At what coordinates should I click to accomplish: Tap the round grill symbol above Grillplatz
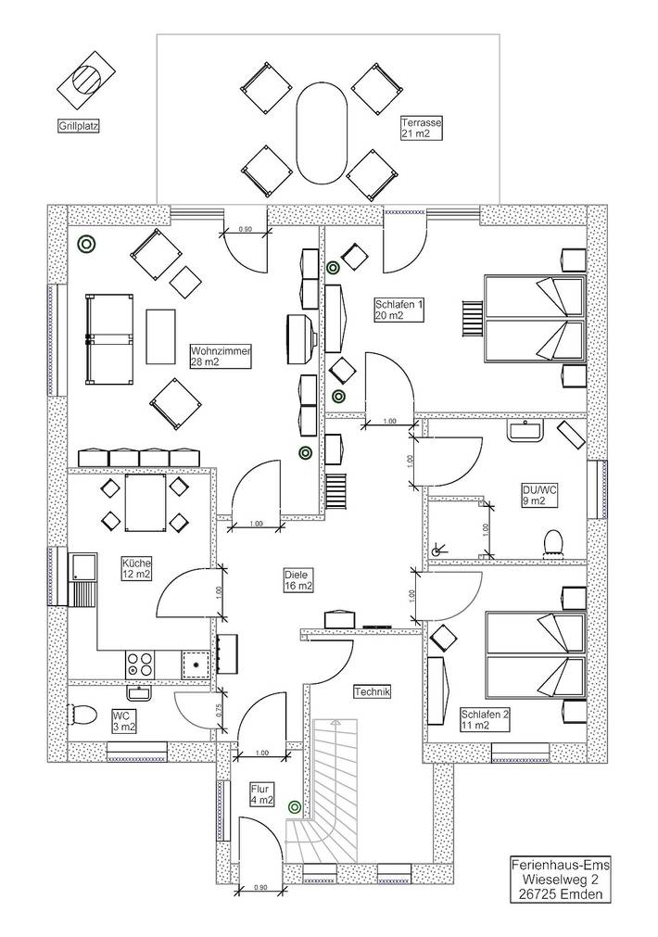86,79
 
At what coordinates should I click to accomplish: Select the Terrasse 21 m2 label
422,128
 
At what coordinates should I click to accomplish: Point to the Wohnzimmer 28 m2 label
221,357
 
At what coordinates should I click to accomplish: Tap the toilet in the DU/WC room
554,540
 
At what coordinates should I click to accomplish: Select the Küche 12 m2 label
136,568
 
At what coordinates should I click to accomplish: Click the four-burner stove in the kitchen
142,665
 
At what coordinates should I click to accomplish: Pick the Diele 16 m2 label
298,580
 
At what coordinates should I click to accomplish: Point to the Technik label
373,691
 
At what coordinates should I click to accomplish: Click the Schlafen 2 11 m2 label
485,720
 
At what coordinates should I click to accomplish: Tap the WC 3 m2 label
124,720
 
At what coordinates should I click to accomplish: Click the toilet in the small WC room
82,715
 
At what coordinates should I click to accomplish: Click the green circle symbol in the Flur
295,807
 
